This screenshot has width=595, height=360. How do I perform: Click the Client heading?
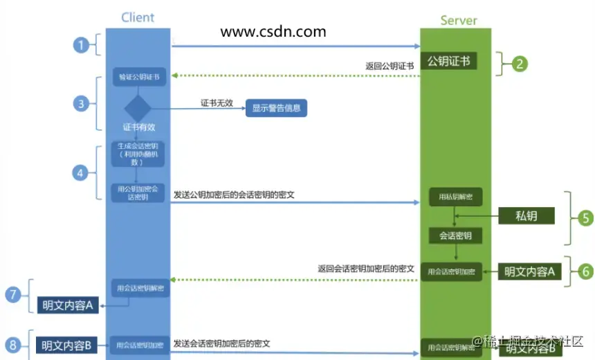click(137, 17)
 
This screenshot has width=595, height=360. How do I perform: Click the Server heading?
click(458, 20)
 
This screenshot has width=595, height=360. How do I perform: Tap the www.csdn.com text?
click(273, 31)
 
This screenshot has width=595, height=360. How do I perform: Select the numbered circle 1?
click(82, 46)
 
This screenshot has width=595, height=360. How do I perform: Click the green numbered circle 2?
click(519, 64)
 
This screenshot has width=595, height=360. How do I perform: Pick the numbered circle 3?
click(82, 104)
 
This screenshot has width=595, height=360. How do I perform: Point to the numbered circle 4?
click(82, 172)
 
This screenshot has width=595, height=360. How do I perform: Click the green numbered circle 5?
click(585, 218)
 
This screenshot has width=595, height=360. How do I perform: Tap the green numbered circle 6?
click(585, 271)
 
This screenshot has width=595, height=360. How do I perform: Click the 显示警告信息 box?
click(277, 108)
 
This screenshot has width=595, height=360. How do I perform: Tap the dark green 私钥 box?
click(527, 215)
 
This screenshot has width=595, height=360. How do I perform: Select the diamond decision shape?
click(137, 108)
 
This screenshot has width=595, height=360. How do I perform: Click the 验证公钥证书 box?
click(137, 77)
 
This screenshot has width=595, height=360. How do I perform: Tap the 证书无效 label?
click(216, 102)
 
